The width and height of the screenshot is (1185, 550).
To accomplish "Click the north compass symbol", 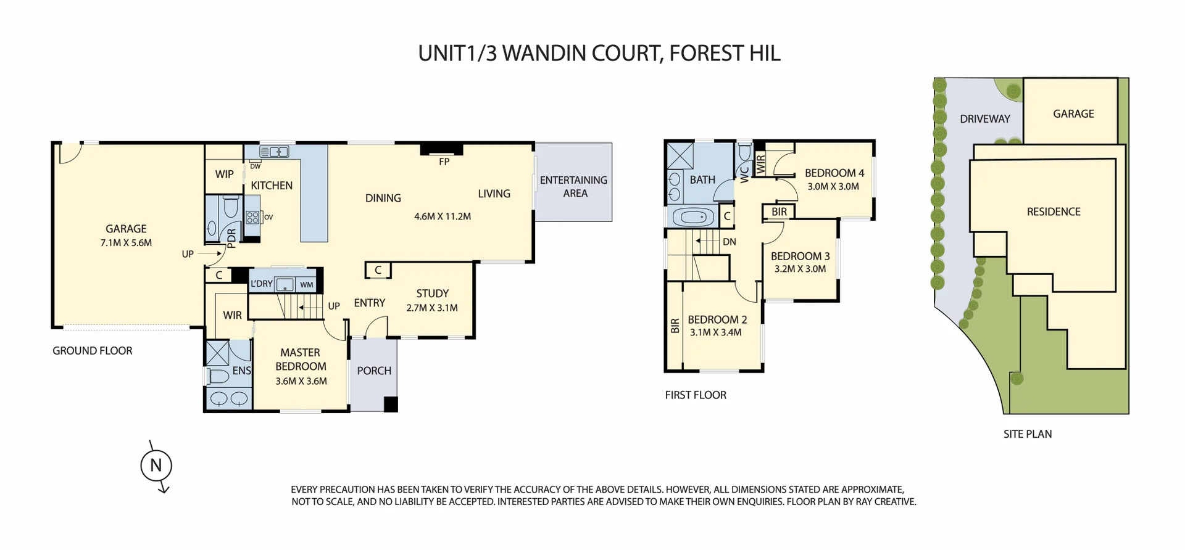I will (156, 466).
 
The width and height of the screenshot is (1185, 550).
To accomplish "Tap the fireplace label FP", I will (444, 162).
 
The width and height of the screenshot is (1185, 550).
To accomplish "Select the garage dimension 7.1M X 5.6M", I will (126, 243).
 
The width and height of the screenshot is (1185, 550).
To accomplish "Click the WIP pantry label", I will (224, 174).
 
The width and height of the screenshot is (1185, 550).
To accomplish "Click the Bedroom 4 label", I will (834, 173).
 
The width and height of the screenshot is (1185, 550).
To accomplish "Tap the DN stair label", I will (729, 242).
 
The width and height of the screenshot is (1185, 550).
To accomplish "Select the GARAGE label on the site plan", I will (1073, 114).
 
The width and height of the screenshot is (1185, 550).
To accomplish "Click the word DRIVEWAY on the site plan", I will (984, 119).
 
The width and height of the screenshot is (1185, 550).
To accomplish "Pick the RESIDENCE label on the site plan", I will (1054, 212).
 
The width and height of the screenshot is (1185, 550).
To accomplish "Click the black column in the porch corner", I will (391, 404).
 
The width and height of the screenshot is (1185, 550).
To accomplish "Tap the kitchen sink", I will (274, 152).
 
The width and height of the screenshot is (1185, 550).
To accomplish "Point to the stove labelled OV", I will (253, 217).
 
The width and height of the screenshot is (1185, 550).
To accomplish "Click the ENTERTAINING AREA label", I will (573, 187).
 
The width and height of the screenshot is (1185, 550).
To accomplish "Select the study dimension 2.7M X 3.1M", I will (432, 308).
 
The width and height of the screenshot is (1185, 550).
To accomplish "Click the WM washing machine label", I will (307, 285).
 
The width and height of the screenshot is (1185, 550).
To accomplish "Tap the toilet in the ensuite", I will (218, 376).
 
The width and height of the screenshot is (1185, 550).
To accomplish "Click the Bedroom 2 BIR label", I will (675, 326).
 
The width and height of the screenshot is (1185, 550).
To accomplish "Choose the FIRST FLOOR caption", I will (696, 395).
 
